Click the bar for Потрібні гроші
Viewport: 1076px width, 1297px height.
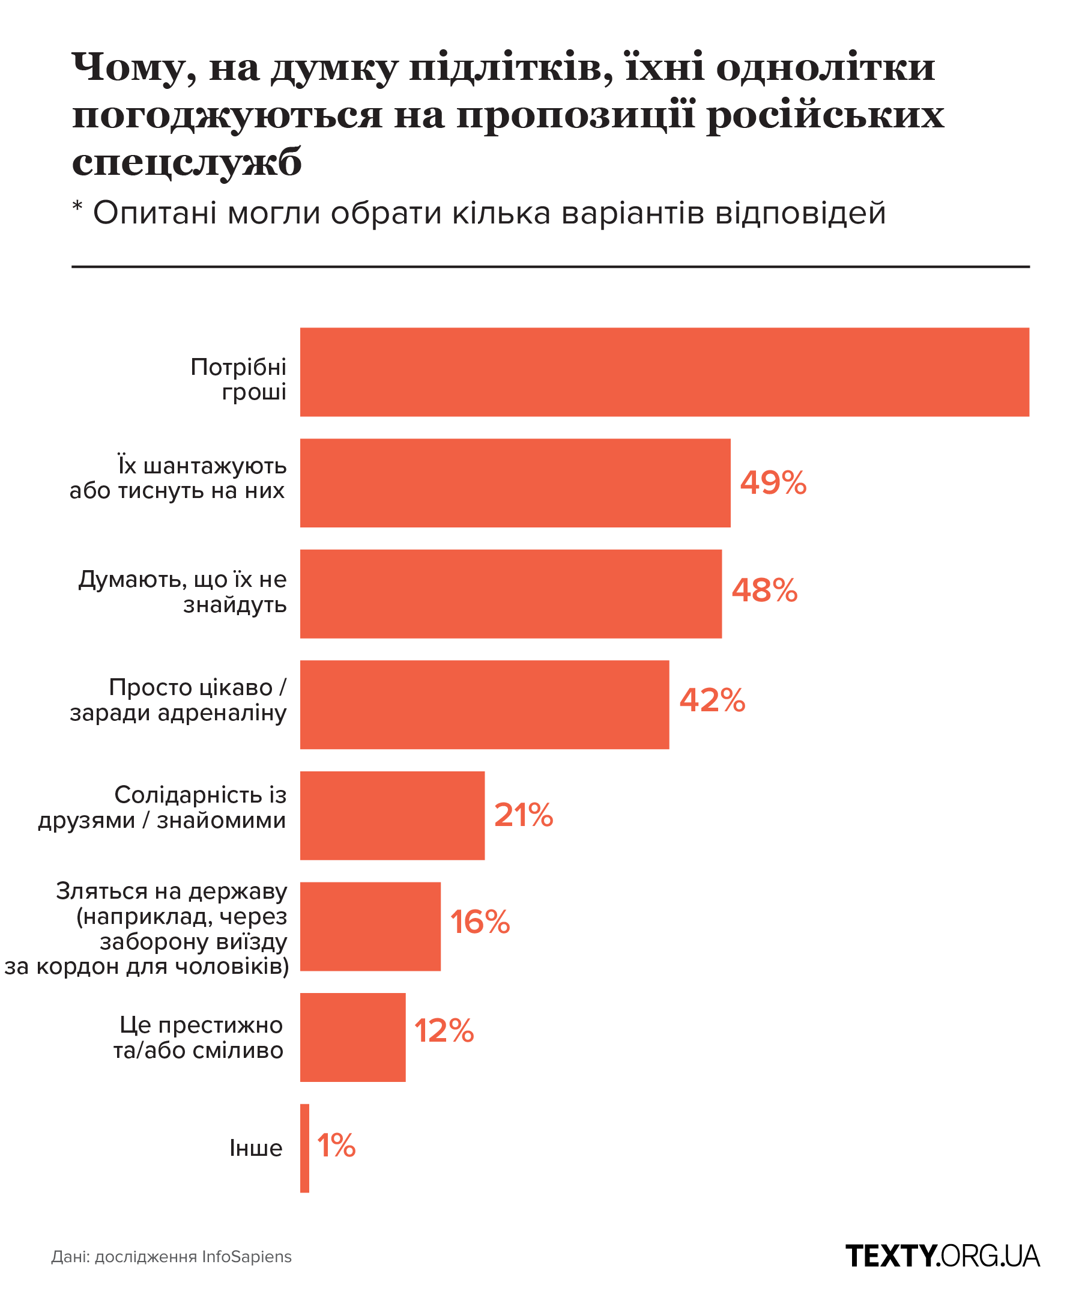(663, 372)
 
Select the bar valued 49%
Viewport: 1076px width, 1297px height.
(515, 483)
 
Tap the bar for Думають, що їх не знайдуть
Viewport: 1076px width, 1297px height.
(510, 594)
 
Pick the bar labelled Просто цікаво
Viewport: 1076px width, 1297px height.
(484, 705)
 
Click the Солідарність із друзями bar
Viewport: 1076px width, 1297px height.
(392, 815)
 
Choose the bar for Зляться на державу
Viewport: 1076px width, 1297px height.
(370, 926)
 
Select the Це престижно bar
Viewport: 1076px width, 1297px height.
(352, 1037)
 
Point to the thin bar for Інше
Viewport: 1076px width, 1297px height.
(304, 1148)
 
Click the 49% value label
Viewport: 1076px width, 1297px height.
(773, 483)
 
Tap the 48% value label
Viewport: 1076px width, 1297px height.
(764, 591)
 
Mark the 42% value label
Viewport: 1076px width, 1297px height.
(712, 701)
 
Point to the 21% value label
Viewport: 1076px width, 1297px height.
(524, 815)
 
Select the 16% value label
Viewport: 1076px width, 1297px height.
(480, 923)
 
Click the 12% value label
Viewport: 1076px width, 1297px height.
(444, 1031)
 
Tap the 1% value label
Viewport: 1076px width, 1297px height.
(336, 1146)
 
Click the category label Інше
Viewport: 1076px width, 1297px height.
(256, 1148)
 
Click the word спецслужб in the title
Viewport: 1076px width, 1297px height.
(187, 162)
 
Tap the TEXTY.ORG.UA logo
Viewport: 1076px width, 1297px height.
(942, 1257)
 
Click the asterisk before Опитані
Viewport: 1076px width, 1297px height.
(77, 206)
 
